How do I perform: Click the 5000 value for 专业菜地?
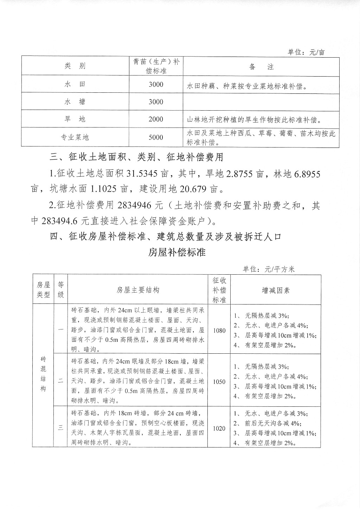(x=156, y=137)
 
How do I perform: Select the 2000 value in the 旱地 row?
(x=156, y=119)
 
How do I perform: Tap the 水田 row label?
(x=75, y=85)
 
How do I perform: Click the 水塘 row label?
(x=75, y=102)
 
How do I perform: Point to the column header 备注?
(x=261, y=67)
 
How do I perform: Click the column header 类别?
(x=75, y=66)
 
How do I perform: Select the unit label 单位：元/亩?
(x=306, y=52)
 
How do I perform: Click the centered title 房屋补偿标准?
(x=177, y=253)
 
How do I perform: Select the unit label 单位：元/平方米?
(x=269, y=269)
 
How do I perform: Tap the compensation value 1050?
(x=219, y=382)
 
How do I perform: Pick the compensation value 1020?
(x=219, y=429)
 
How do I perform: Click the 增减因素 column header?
(x=276, y=290)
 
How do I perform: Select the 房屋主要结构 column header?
(x=138, y=290)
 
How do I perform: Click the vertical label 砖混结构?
(x=43, y=374)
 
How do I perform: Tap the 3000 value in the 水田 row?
(x=156, y=85)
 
